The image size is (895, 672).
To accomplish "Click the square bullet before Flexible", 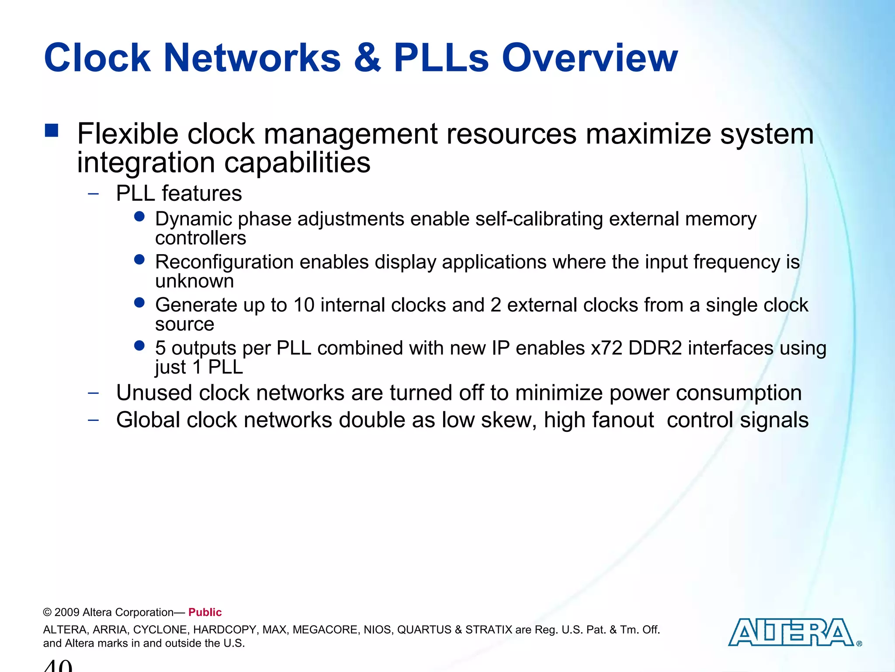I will click(52, 131).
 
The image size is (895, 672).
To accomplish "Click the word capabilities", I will click(297, 163).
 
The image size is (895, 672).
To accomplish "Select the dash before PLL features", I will click(93, 194).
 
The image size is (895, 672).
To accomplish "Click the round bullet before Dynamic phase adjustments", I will click(139, 217).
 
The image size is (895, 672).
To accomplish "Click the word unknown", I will click(194, 281).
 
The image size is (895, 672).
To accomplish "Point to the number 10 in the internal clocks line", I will click(304, 305).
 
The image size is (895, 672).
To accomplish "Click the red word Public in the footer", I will click(205, 612).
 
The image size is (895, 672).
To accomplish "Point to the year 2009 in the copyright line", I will click(67, 612).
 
